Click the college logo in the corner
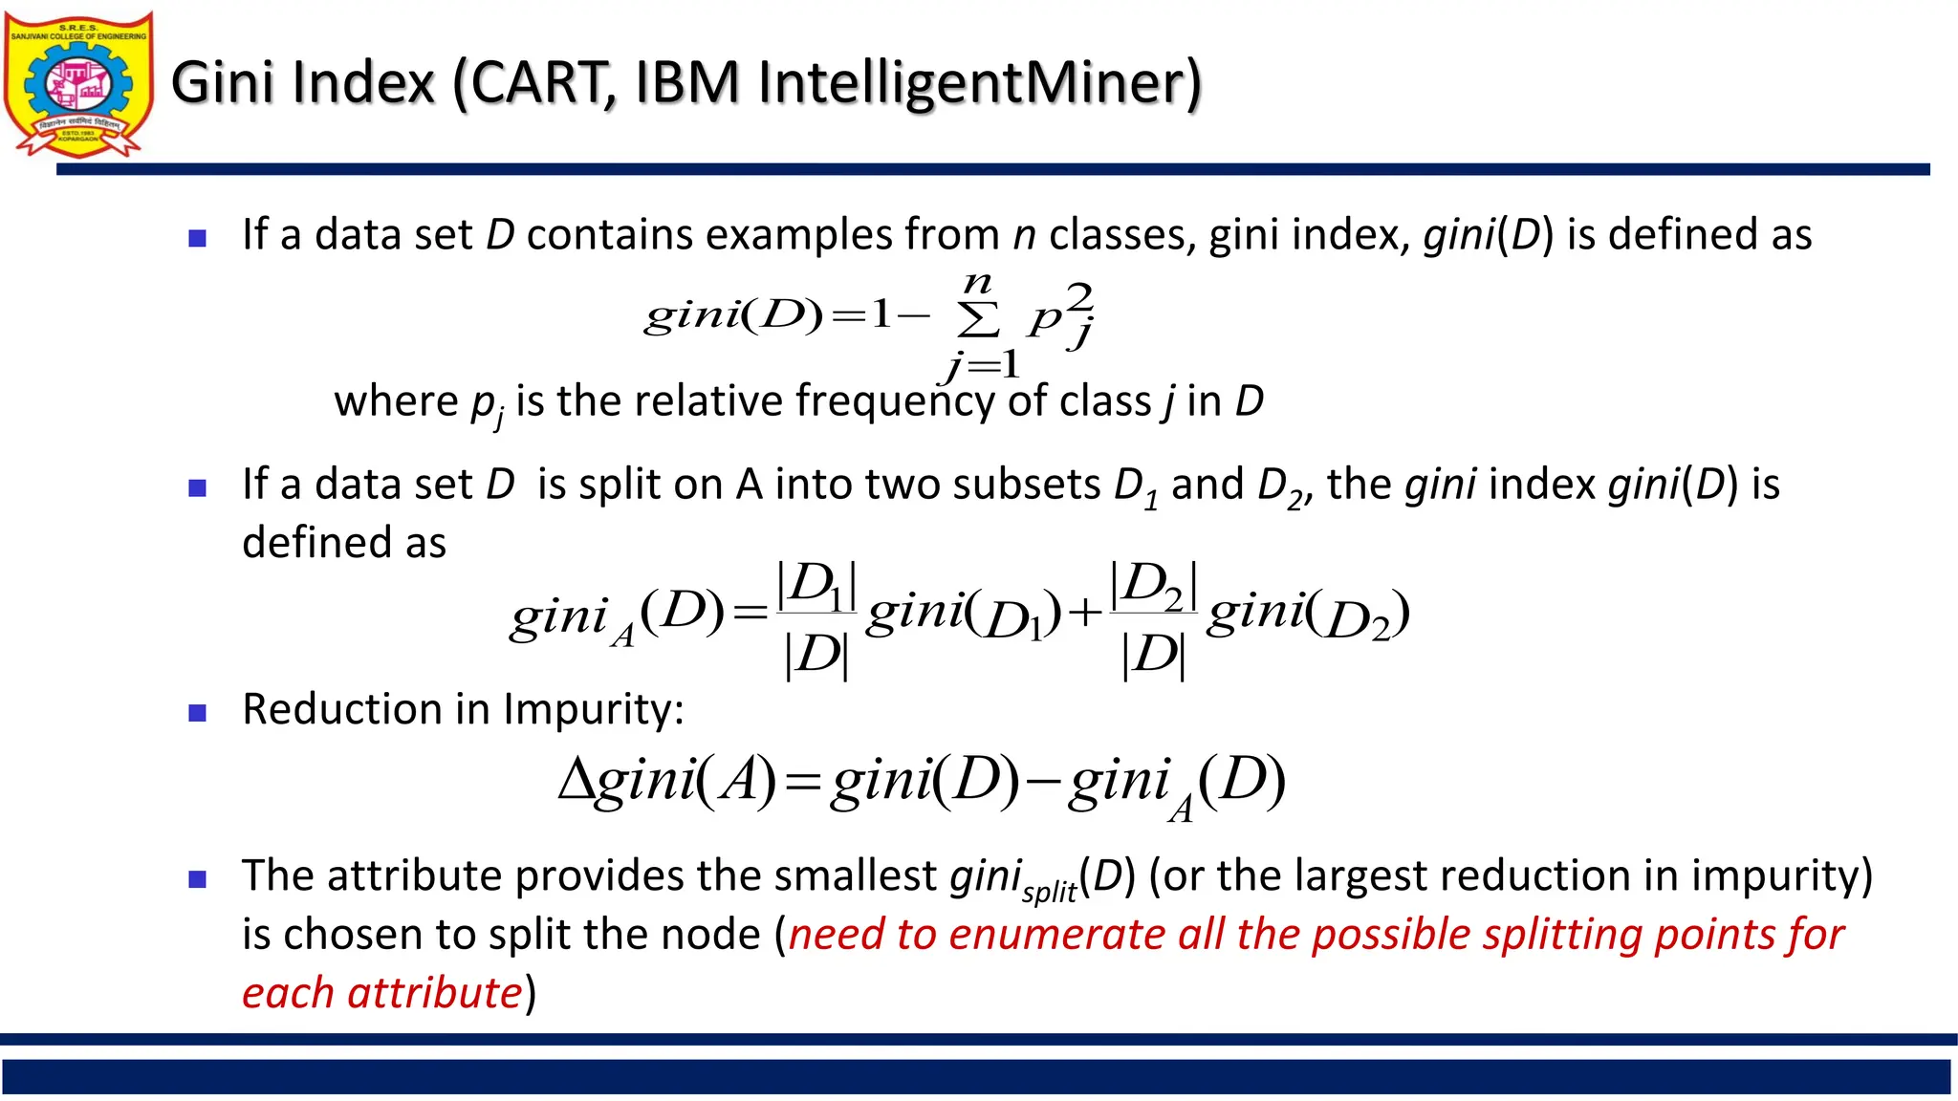[78, 84]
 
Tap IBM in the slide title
[686, 83]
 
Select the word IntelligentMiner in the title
[971, 83]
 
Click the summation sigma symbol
[978, 320]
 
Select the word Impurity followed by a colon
[594, 710]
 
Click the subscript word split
[1049, 892]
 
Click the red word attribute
[435, 994]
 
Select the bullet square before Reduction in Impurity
[198, 713]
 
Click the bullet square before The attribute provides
[198, 879]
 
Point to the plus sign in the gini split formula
[1085, 613]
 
